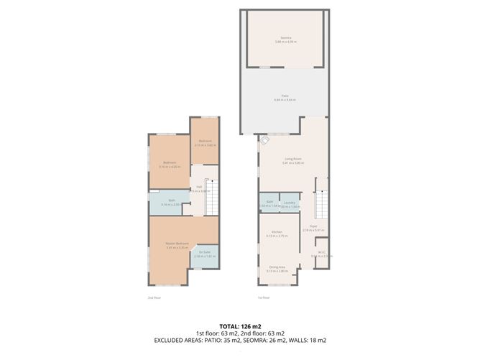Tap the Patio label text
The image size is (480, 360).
[285, 96]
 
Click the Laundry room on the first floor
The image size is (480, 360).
[290, 204]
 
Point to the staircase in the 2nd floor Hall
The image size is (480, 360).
[211, 196]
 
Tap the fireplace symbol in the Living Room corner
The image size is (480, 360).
[264, 142]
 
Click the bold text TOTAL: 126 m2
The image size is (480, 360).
[239, 326]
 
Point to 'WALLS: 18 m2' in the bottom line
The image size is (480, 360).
[310, 340]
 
